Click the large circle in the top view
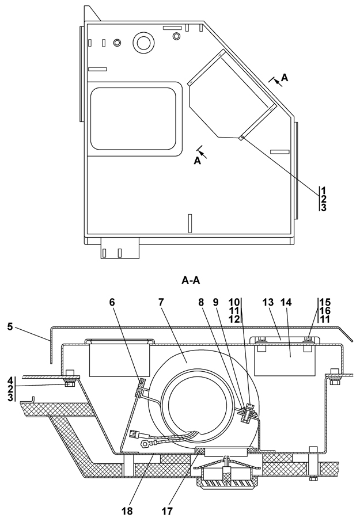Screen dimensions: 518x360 tap(142, 41)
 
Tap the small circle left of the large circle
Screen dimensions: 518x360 tap(118, 43)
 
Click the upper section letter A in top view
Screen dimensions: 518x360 tap(284, 77)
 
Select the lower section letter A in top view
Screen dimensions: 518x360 tap(197, 162)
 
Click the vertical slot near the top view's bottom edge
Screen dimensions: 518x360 tap(190, 223)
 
